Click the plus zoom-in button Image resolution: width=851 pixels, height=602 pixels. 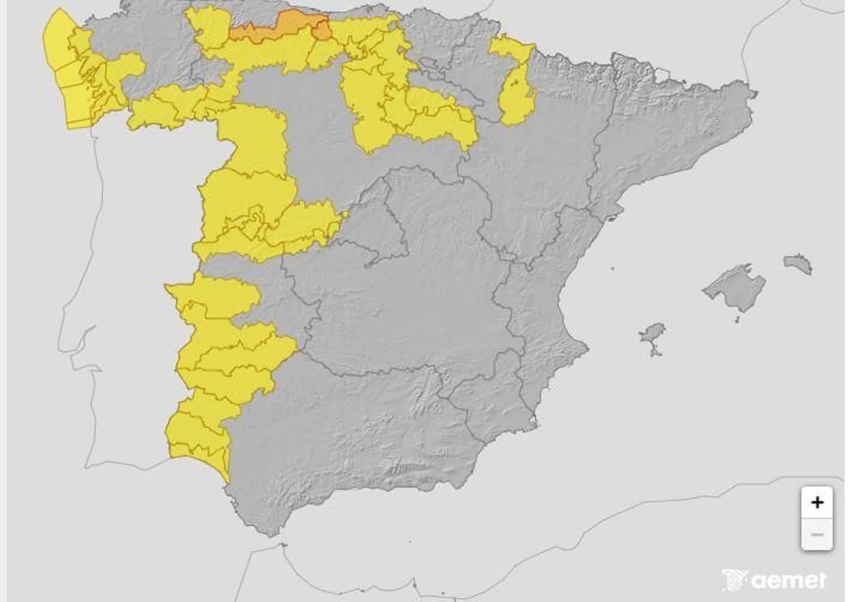[816, 502]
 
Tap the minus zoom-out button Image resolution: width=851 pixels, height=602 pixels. [816, 534]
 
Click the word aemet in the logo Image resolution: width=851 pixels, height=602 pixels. [790, 580]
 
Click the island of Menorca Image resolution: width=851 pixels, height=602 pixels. [798, 263]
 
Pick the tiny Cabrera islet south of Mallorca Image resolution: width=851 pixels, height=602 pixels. [737, 320]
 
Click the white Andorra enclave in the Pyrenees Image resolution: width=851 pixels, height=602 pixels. [662, 74]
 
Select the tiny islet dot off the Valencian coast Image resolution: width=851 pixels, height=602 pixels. [612, 269]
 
